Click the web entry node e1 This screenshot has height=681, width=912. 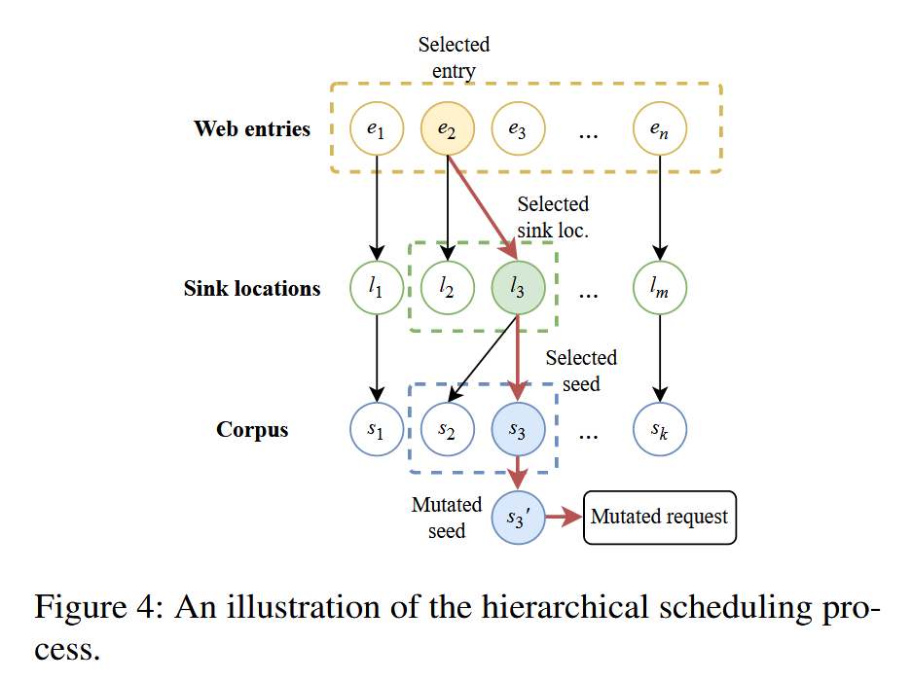376,129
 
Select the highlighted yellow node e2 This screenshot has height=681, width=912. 447,129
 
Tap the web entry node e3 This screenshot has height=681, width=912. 517,129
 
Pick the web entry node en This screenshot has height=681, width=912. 660,129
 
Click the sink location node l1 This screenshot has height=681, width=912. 376,288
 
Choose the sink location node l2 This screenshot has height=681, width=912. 447,288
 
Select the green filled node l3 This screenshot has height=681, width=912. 517,288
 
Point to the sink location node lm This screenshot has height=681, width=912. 660,288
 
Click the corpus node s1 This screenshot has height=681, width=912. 376,429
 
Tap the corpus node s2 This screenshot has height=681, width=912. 447,429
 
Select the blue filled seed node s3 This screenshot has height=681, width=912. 517,429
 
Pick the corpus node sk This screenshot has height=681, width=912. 660,429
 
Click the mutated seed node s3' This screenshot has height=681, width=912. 517,518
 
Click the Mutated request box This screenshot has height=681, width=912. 659,518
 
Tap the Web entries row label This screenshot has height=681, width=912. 252,128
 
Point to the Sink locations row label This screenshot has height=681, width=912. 252,288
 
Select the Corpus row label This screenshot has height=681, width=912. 252,429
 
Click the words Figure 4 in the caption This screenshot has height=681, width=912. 96,608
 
